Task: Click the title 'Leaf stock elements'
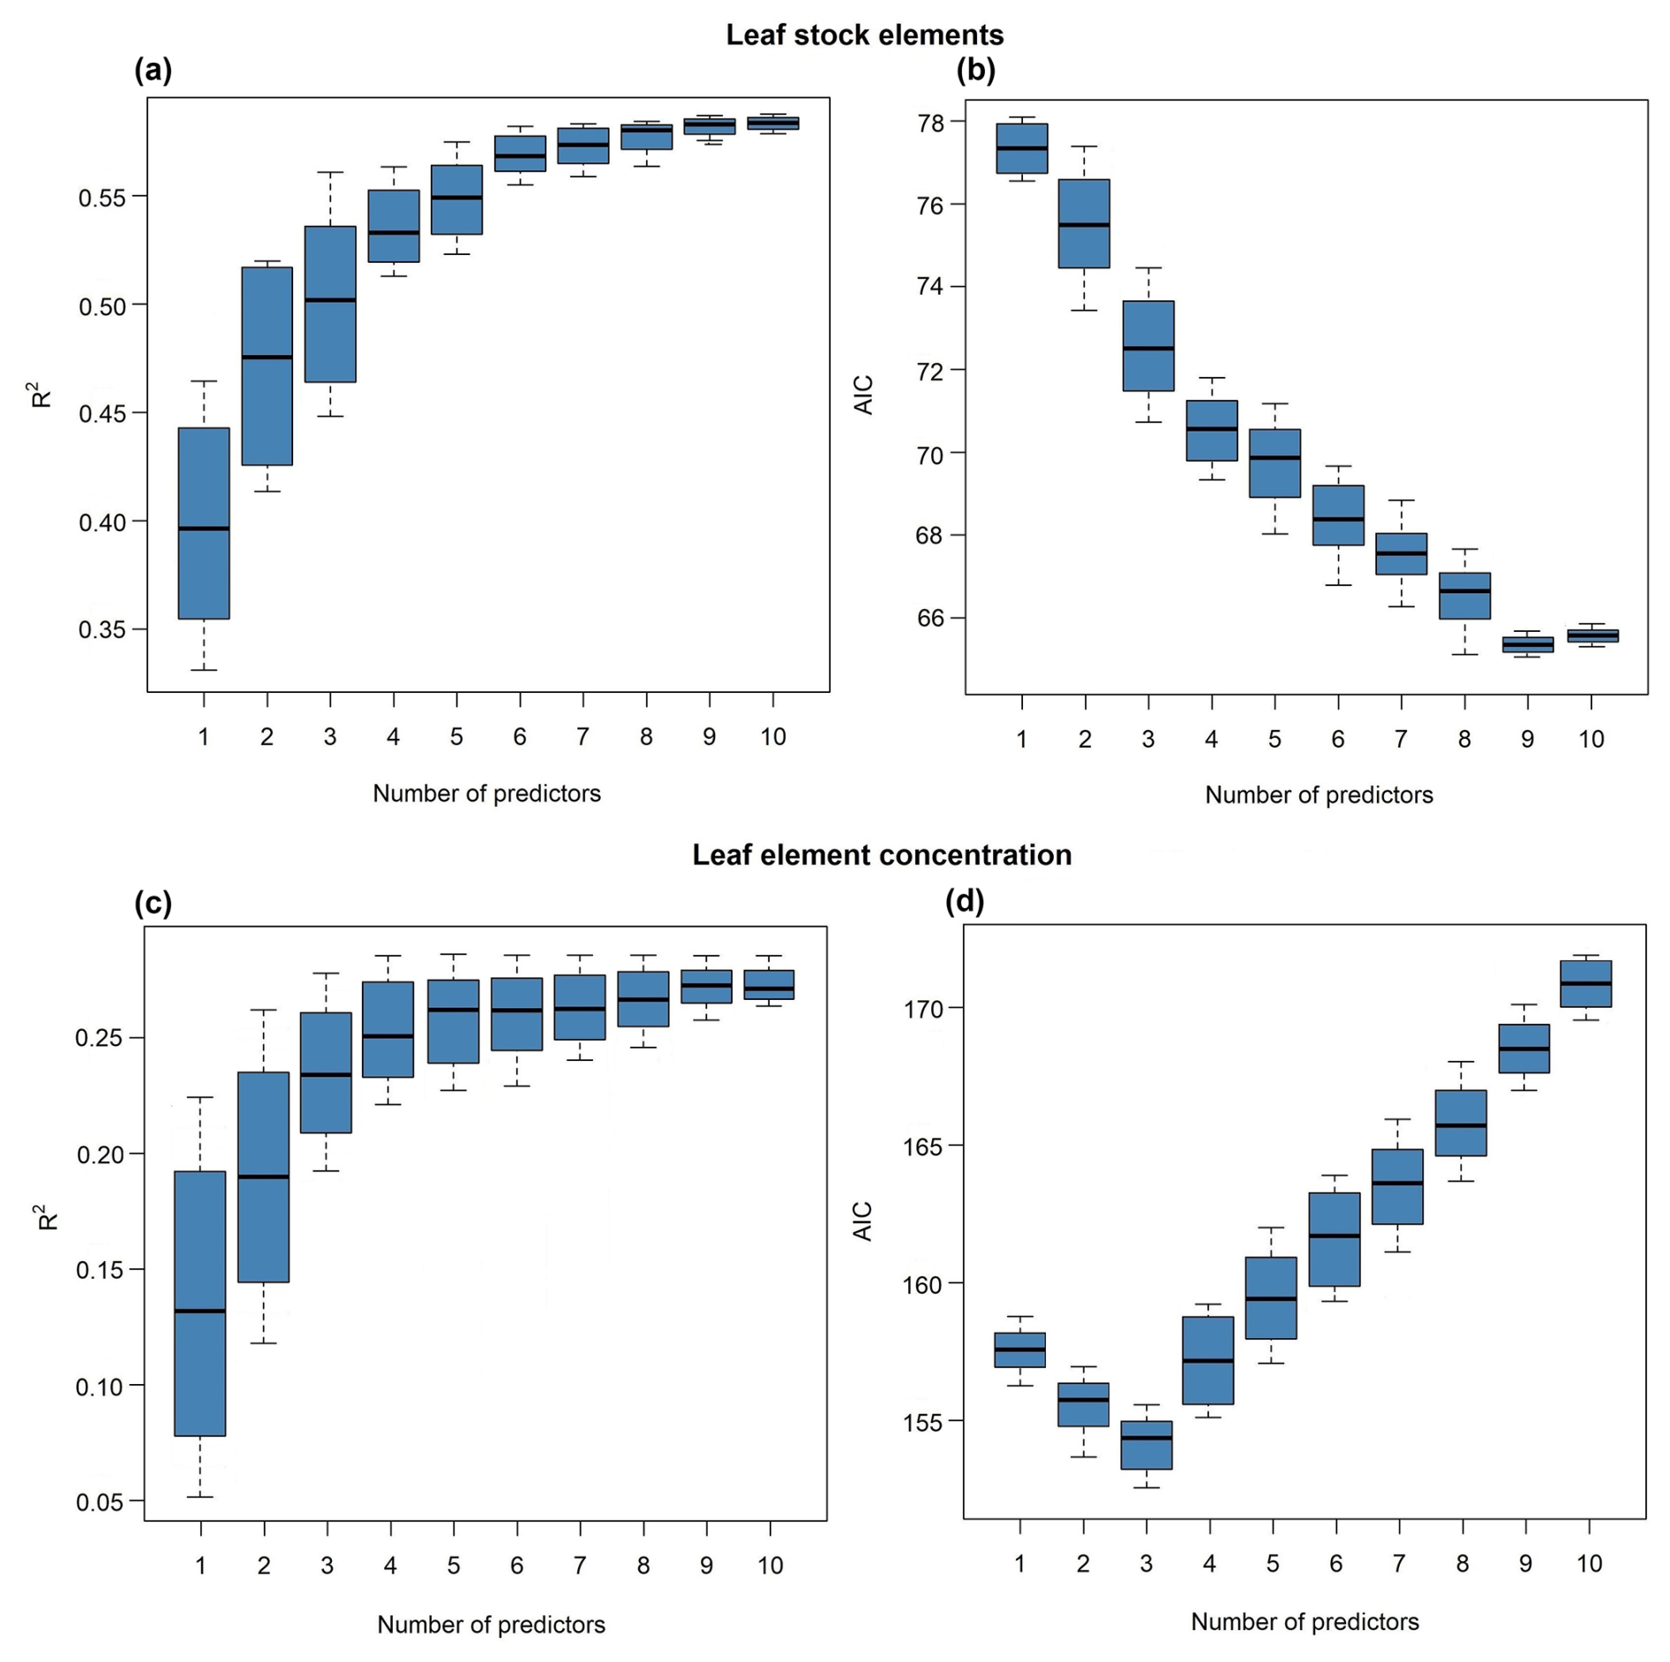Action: [x=863, y=35]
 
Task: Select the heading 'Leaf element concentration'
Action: [x=881, y=854]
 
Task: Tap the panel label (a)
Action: [x=153, y=69]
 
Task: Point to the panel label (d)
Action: [x=964, y=901]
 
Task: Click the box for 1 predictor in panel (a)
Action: [x=204, y=523]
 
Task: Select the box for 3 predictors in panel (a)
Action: [x=330, y=304]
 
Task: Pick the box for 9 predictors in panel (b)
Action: [x=1527, y=644]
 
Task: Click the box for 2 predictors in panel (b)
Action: [x=1084, y=223]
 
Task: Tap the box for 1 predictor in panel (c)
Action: [x=200, y=1303]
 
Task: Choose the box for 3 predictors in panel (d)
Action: [x=1146, y=1444]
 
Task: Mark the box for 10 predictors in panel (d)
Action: [x=1585, y=983]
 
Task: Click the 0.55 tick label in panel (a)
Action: [x=102, y=197]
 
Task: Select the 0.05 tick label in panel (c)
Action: [x=100, y=1502]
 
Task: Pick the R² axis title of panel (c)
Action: [x=46, y=1216]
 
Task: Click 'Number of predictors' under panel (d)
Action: [x=1305, y=1621]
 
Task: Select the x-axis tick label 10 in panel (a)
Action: [x=772, y=737]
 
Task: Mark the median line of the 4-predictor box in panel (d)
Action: [x=1207, y=1360]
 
